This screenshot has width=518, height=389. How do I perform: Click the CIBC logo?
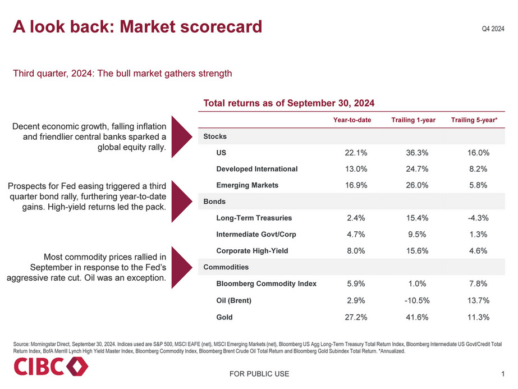[x=51, y=368]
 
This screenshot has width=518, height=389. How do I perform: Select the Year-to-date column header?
[x=352, y=120]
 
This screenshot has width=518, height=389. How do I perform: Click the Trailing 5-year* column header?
[x=474, y=120]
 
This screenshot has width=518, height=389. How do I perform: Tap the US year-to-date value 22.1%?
[x=355, y=153]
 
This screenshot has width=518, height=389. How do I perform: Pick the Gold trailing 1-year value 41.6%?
[x=415, y=317]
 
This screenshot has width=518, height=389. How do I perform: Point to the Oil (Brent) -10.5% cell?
[x=415, y=300]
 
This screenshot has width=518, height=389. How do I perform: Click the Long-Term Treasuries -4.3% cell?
[x=478, y=218]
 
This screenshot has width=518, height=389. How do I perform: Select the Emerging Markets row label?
[x=247, y=185]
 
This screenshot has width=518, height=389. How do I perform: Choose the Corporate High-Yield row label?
[x=252, y=251]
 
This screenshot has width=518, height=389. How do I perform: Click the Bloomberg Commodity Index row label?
[x=266, y=283]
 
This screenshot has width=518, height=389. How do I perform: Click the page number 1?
[x=502, y=374]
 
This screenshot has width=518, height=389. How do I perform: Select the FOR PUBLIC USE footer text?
[x=259, y=374]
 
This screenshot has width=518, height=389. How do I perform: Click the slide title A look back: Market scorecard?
[x=137, y=26]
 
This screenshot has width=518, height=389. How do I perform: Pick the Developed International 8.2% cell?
[x=478, y=169]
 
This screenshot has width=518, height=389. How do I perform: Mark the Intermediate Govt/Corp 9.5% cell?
[x=415, y=235]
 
